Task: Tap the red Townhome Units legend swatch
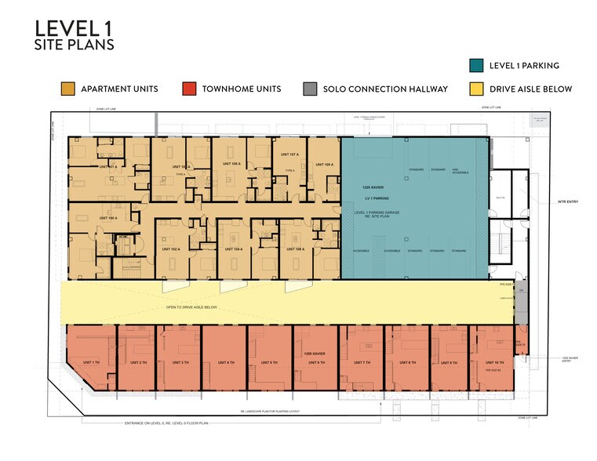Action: (188, 89)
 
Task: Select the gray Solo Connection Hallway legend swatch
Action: (311, 89)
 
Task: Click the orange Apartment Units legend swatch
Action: (68, 89)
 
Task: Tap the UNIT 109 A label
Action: (323, 165)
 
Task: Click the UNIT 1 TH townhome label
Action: (91, 362)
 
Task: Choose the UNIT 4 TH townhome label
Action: (225, 362)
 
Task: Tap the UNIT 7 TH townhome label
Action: (362, 362)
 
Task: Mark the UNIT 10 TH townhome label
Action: (494, 362)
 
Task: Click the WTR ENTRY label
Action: (567, 201)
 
